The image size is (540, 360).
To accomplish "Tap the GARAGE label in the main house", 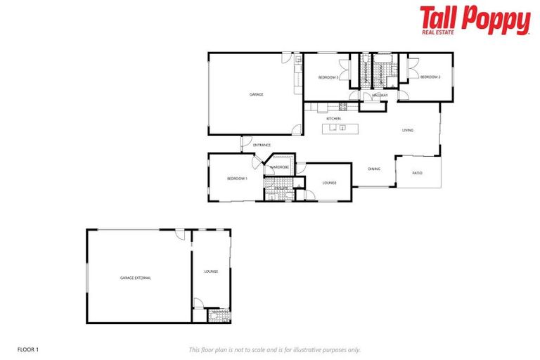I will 256,94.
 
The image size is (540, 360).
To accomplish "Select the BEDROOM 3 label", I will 328,77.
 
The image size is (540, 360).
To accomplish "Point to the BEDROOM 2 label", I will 430,77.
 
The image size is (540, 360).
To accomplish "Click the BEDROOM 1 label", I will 237,179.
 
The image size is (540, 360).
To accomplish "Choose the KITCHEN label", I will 333,119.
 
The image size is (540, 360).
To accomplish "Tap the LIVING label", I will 408,130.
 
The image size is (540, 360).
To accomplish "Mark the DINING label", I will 374,169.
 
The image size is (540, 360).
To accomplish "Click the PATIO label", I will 417,172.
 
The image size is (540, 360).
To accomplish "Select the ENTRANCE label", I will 262,145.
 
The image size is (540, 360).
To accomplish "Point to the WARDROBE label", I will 280,167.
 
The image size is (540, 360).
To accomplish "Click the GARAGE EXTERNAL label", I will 135,278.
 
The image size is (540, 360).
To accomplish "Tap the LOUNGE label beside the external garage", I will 211,271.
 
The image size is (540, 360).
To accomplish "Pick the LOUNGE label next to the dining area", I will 329,183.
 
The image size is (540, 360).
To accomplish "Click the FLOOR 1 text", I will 27,349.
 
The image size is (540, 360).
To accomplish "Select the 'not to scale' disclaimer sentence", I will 274,349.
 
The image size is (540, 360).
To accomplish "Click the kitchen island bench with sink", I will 340,129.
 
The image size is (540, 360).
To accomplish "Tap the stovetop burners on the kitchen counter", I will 343,107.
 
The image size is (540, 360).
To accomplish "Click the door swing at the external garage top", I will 181,236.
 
